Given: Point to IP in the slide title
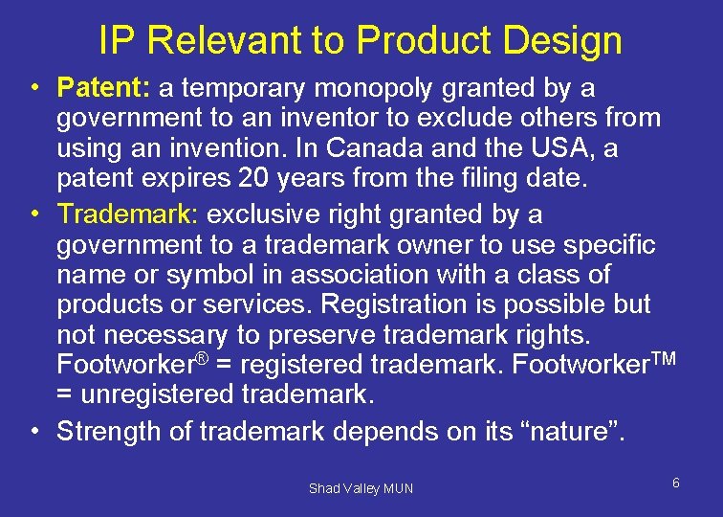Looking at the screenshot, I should [x=118, y=40].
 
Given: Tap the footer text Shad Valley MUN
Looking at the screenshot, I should [x=361, y=488].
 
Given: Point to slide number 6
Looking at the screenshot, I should [x=675, y=483].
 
